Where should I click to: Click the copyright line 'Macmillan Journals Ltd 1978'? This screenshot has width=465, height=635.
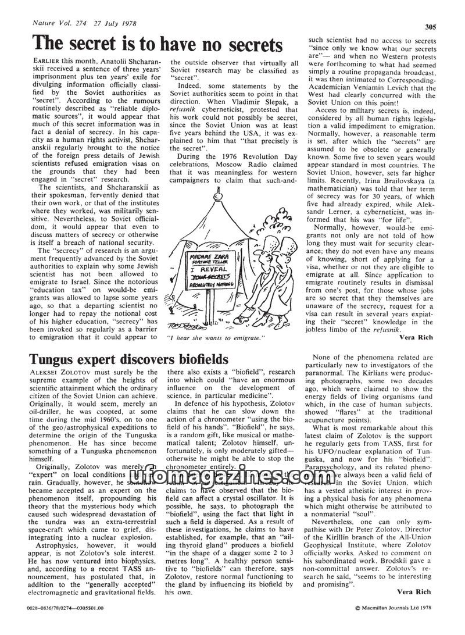[x=396, y=623]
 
